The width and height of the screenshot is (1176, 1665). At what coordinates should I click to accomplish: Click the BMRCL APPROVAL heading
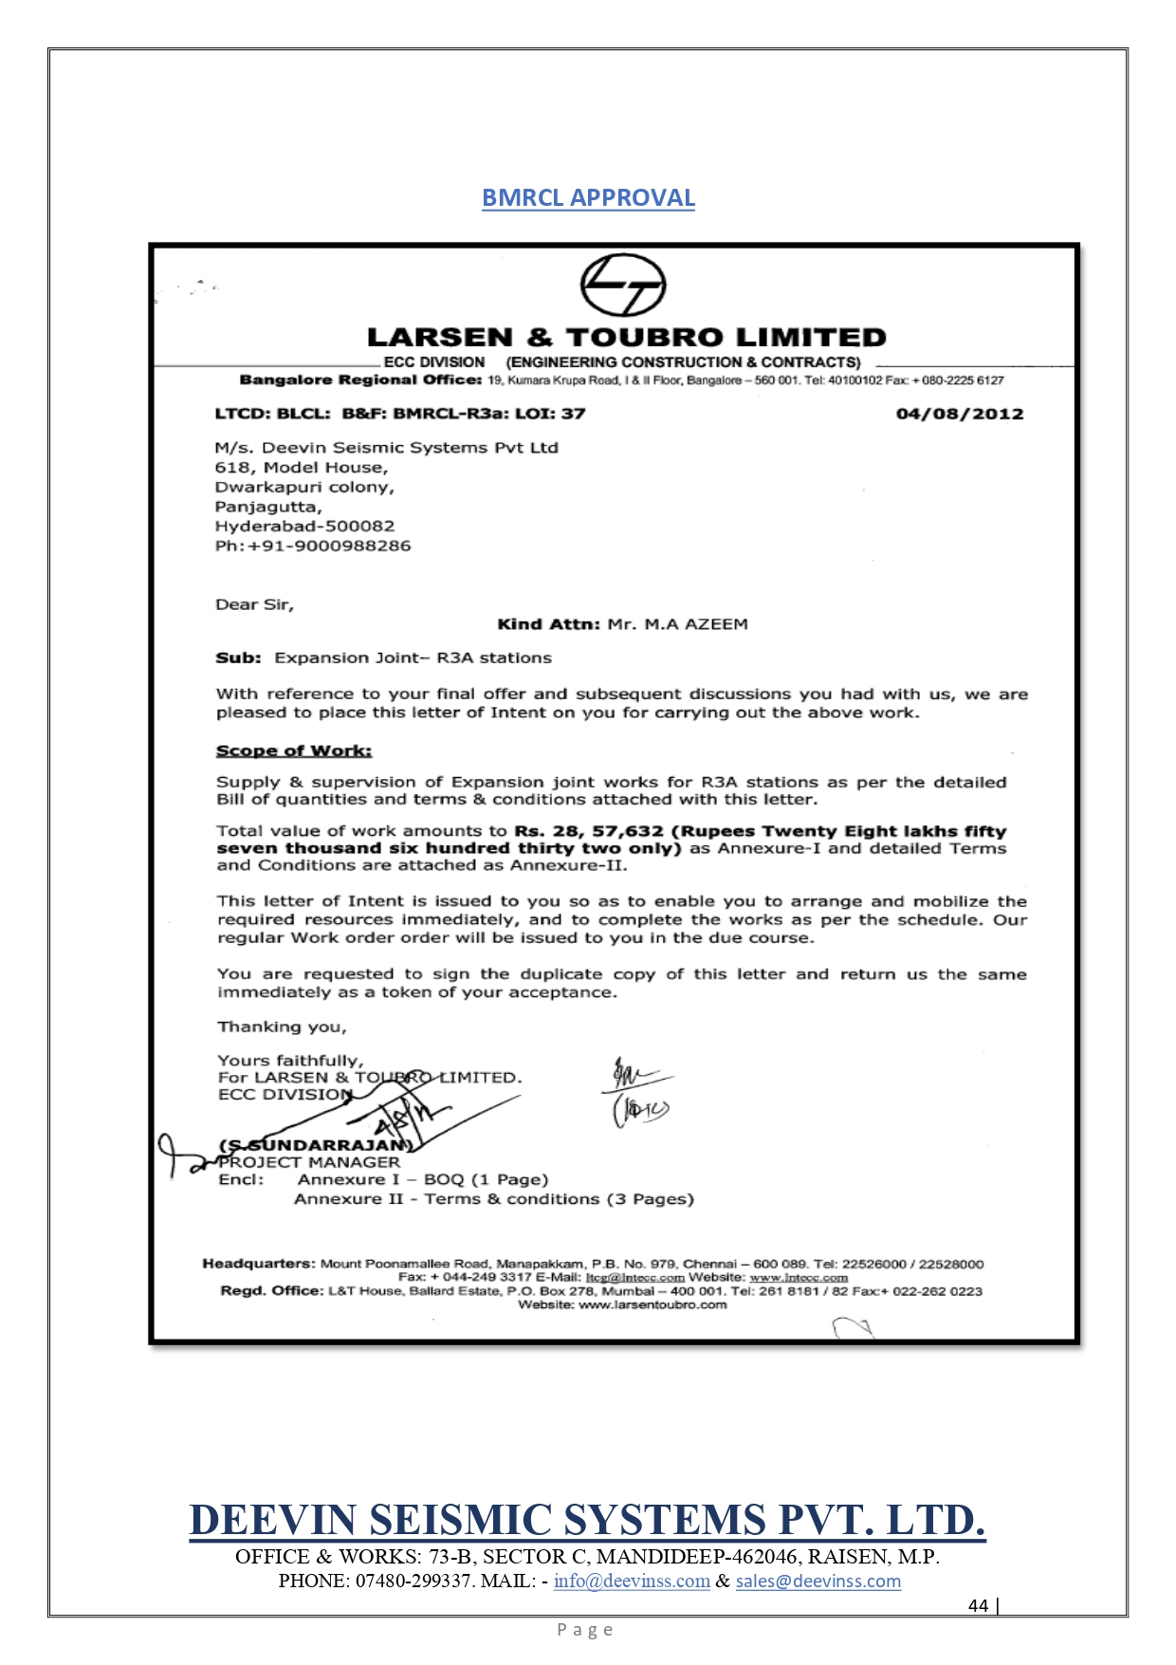pyautogui.click(x=588, y=197)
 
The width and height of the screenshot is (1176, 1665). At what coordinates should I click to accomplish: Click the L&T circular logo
pyautogui.click(x=622, y=285)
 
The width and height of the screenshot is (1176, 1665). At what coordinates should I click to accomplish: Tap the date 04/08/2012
pyautogui.click(x=959, y=414)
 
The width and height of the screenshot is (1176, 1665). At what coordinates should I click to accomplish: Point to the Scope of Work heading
pyautogui.click(x=294, y=751)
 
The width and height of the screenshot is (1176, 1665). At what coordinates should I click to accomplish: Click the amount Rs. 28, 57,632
pyautogui.click(x=589, y=831)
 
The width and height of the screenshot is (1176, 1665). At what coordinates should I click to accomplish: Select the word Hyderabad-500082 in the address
pyautogui.click(x=304, y=527)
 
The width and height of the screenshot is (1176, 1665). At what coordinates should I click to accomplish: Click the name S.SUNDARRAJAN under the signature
pyautogui.click(x=316, y=1145)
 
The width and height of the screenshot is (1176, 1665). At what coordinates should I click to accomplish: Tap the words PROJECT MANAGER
pyautogui.click(x=309, y=1162)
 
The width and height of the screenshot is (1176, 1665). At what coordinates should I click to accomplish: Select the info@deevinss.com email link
pyautogui.click(x=632, y=1582)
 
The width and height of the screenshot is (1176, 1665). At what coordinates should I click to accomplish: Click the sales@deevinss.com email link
pyautogui.click(x=818, y=1582)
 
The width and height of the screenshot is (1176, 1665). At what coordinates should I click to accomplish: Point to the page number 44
pyautogui.click(x=978, y=1605)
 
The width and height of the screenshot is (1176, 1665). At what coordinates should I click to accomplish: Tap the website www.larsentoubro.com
pyautogui.click(x=652, y=1305)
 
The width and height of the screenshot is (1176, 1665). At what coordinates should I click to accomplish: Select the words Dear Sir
pyautogui.click(x=254, y=605)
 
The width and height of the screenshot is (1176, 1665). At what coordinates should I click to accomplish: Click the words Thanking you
pyautogui.click(x=282, y=1027)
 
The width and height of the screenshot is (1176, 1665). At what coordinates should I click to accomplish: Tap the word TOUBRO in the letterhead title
pyautogui.click(x=645, y=338)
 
